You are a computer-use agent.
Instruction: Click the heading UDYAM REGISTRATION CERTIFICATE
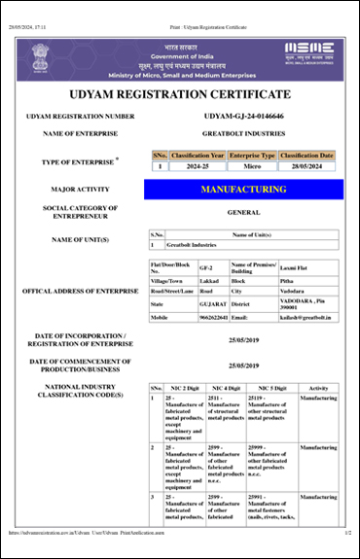(x=180, y=94)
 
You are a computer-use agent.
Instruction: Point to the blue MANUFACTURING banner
(x=243, y=190)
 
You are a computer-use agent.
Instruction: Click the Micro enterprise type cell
(x=252, y=166)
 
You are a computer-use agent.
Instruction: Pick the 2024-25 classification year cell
(x=198, y=166)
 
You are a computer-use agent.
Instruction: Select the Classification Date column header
(x=306, y=155)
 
